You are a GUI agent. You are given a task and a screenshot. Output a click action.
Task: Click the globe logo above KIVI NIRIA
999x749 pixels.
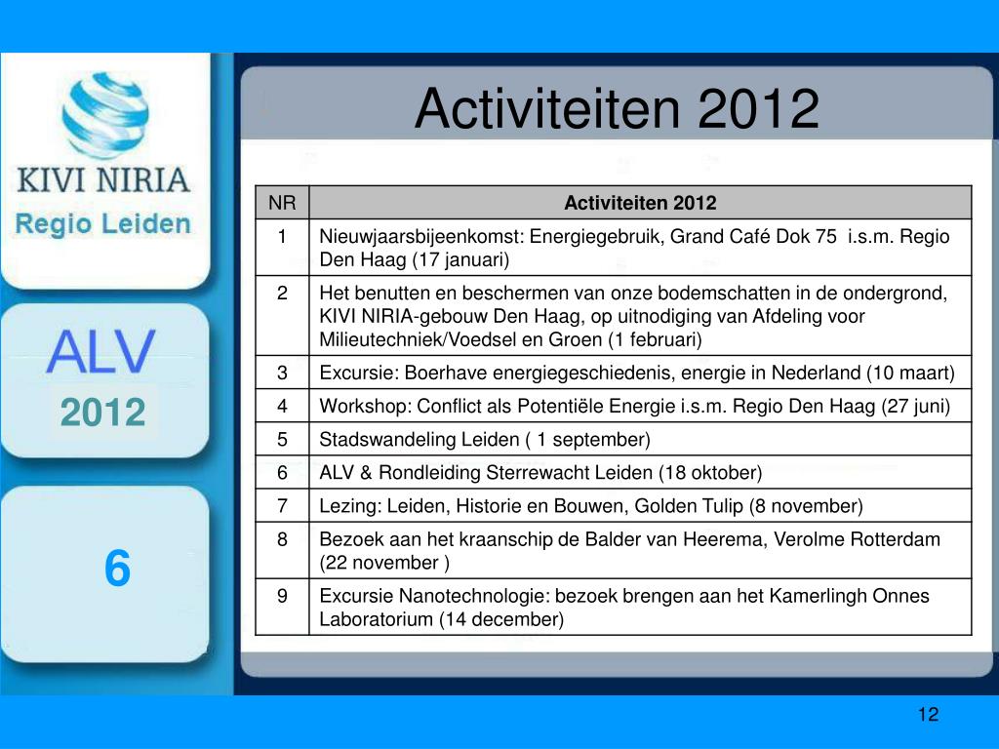click(105, 115)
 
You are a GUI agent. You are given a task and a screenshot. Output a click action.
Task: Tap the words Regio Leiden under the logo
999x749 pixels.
click(103, 223)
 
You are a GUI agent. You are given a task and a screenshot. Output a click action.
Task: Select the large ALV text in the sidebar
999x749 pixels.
click(100, 351)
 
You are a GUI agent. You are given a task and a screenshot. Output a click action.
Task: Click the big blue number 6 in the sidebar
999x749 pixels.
click(117, 569)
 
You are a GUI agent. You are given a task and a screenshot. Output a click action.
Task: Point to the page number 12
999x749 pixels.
click(929, 714)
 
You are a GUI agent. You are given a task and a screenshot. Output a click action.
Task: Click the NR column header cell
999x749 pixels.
click(282, 203)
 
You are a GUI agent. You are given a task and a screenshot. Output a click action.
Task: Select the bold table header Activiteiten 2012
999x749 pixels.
click(640, 203)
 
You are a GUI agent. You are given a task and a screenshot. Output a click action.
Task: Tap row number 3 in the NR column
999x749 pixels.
click(282, 373)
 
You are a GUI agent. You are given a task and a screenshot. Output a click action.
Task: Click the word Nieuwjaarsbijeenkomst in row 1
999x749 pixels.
click(421, 237)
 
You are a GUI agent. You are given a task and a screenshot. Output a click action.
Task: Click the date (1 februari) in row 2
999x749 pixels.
click(655, 339)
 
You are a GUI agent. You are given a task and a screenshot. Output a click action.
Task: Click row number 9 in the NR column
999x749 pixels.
click(282, 596)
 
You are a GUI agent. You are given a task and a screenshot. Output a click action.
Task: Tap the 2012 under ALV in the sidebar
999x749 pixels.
click(103, 413)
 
